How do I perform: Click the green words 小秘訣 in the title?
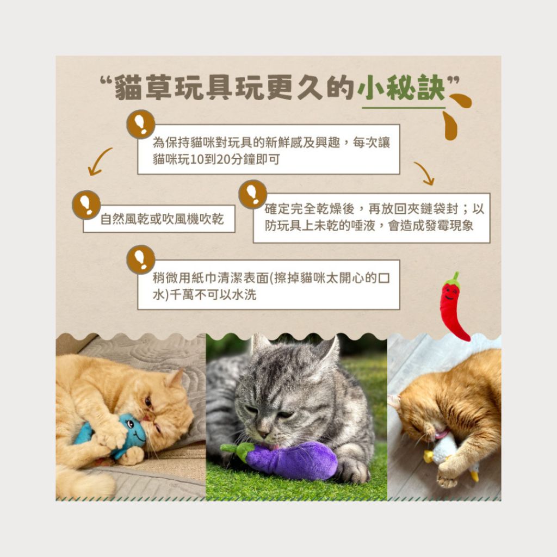pos(401,88)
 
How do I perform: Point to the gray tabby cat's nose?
pos(263,434)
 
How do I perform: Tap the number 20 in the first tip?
pos(222,159)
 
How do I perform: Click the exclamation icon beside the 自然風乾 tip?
pos(86,205)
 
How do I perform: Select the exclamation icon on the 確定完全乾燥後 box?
pos(252,194)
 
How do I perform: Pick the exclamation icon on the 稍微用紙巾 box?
pos(141,259)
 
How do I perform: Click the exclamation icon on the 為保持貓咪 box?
pos(141,124)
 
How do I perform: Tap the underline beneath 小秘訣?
pos(404,107)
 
